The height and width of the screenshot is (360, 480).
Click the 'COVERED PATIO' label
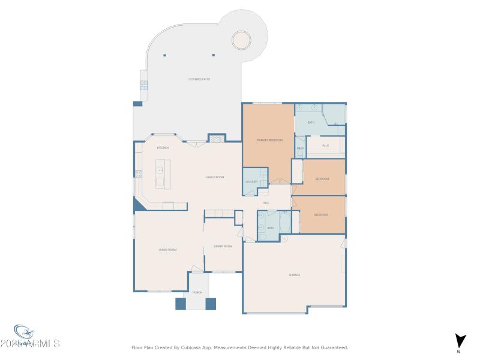coord(199,79)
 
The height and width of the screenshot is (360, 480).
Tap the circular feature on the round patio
coord(242,40)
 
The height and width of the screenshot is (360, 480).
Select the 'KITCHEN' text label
coord(163,148)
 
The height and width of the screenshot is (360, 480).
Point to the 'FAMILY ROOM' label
coord(215,177)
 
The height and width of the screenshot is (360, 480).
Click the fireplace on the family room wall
coord(217,139)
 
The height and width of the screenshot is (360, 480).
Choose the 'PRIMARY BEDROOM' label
coord(269,140)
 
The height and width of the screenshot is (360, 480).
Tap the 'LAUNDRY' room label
coord(251,182)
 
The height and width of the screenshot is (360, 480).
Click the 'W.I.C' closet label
coord(326,145)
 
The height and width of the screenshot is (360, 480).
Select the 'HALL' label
coord(265,203)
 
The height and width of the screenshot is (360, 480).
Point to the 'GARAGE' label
coord(295,275)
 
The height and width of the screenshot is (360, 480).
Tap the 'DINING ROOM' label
coord(223,246)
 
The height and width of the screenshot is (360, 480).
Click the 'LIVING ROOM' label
coord(167,250)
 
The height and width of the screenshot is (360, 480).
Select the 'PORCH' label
coord(197,292)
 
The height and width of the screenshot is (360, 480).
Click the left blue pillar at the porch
coord(180,304)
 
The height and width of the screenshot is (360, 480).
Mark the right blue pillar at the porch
coord(211,304)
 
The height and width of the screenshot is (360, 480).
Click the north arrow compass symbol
coord(459,341)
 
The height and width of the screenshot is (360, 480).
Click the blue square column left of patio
coord(137,104)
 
